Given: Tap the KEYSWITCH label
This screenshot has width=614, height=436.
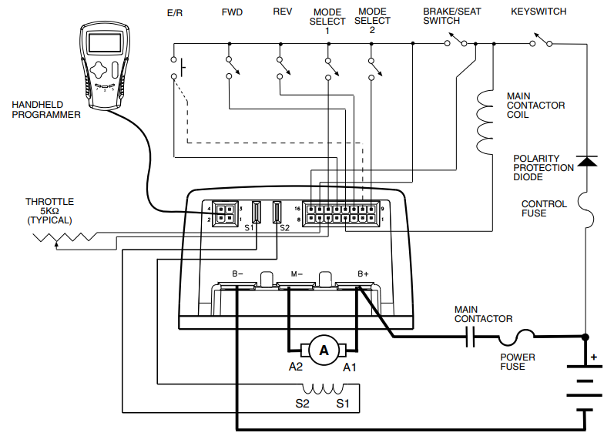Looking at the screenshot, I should point(539,12).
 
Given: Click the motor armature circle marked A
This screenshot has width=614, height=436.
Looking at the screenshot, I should point(324,350).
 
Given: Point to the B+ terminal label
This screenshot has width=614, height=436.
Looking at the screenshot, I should point(364,273).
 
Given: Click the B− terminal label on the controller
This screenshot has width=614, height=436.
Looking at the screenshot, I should point(237,273).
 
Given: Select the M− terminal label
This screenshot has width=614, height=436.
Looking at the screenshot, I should point(297,273).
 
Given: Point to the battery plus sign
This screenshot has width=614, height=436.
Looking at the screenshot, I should point(593,357).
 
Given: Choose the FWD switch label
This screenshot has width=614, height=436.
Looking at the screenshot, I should point(231,12).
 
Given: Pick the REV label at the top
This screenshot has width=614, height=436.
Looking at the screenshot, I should point(282,12).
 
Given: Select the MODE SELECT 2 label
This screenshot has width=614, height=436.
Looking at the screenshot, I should point(373,22).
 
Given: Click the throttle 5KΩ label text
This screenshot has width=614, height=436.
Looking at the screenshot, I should point(49,210).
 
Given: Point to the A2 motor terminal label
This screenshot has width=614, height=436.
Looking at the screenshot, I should point(296,367).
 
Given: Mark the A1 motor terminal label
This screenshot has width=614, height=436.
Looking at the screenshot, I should point(351,367).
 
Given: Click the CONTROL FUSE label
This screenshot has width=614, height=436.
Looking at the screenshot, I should point(544,209).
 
